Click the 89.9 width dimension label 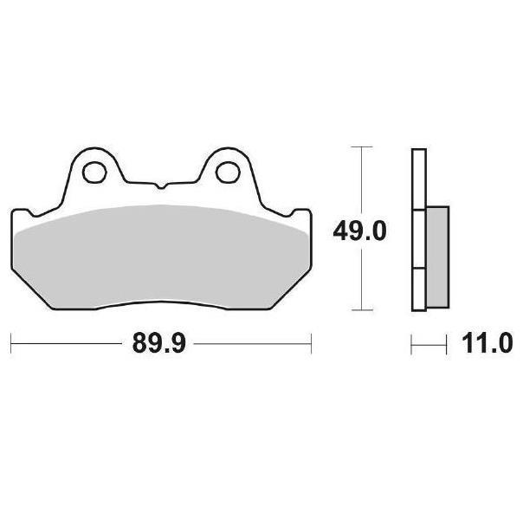(158, 343)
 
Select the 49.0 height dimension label (360, 231)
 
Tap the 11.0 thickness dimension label (487, 343)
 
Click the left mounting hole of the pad (94, 172)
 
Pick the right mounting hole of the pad (228, 172)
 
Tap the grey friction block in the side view (437, 257)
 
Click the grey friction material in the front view (161, 257)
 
